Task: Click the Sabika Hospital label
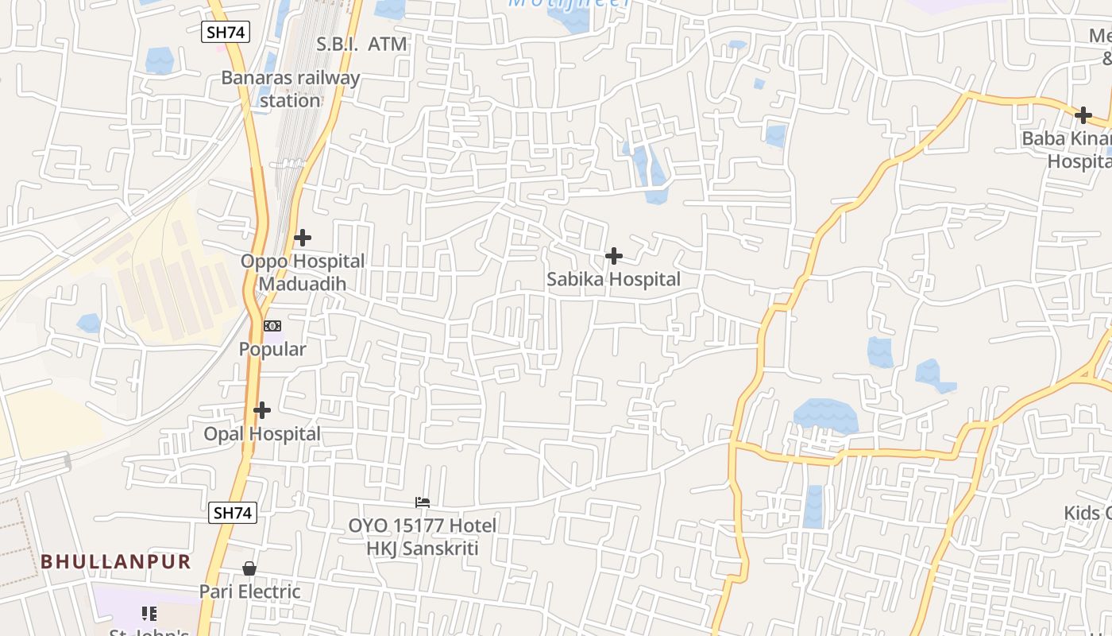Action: [x=613, y=279]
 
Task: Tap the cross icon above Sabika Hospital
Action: [x=613, y=256]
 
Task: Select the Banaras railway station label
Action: [x=290, y=89]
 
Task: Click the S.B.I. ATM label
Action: [x=361, y=44]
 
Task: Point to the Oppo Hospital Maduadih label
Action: [x=303, y=272]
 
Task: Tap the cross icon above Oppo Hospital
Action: [x=302, y=238]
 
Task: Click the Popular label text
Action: [x=272, y=349]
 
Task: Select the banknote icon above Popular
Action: [x=272, y=326]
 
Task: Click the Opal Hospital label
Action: [x=262, y=433]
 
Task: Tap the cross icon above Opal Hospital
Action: [x=262, y=410]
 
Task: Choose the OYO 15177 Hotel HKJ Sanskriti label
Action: [x=423, y=537]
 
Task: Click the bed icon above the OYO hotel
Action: [x=423, y=502]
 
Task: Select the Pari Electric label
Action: [x=249, y=591]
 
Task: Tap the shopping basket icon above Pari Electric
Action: [x=249, y=568]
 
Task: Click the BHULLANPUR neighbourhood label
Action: [x=116, y=561]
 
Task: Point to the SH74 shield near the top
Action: [x=226, y=32]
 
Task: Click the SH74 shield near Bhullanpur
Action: [x=233, y=513]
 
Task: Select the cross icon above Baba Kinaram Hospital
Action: [x=1083, y=115]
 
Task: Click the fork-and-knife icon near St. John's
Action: [x=149, y=614]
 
